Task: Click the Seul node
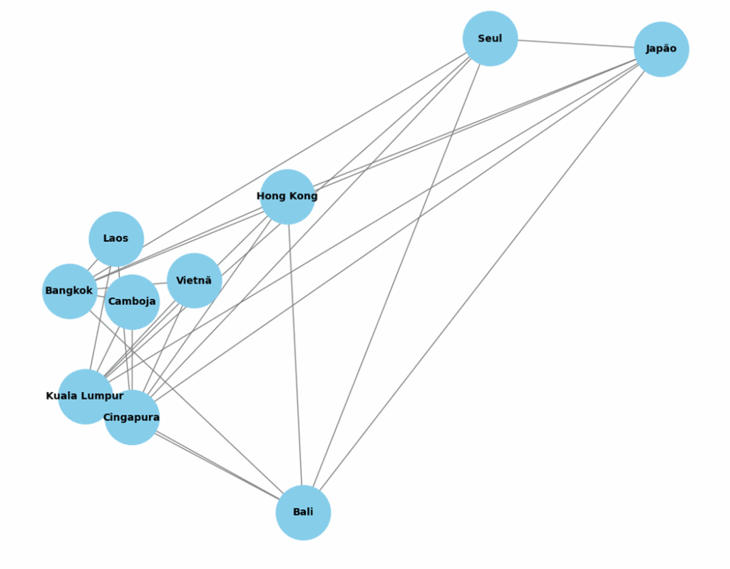point(490,39)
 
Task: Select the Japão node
point(661,49)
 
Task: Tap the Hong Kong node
point(287,197)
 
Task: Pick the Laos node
point(116,239)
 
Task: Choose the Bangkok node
point(69,291)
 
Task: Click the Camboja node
point(132,302)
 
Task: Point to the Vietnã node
point(194,281)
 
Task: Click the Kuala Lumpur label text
point(84,396)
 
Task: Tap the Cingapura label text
point(131,417)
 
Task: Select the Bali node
point(303,513)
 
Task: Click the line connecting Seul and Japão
point(576,43)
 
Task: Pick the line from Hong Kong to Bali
point(295,357)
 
